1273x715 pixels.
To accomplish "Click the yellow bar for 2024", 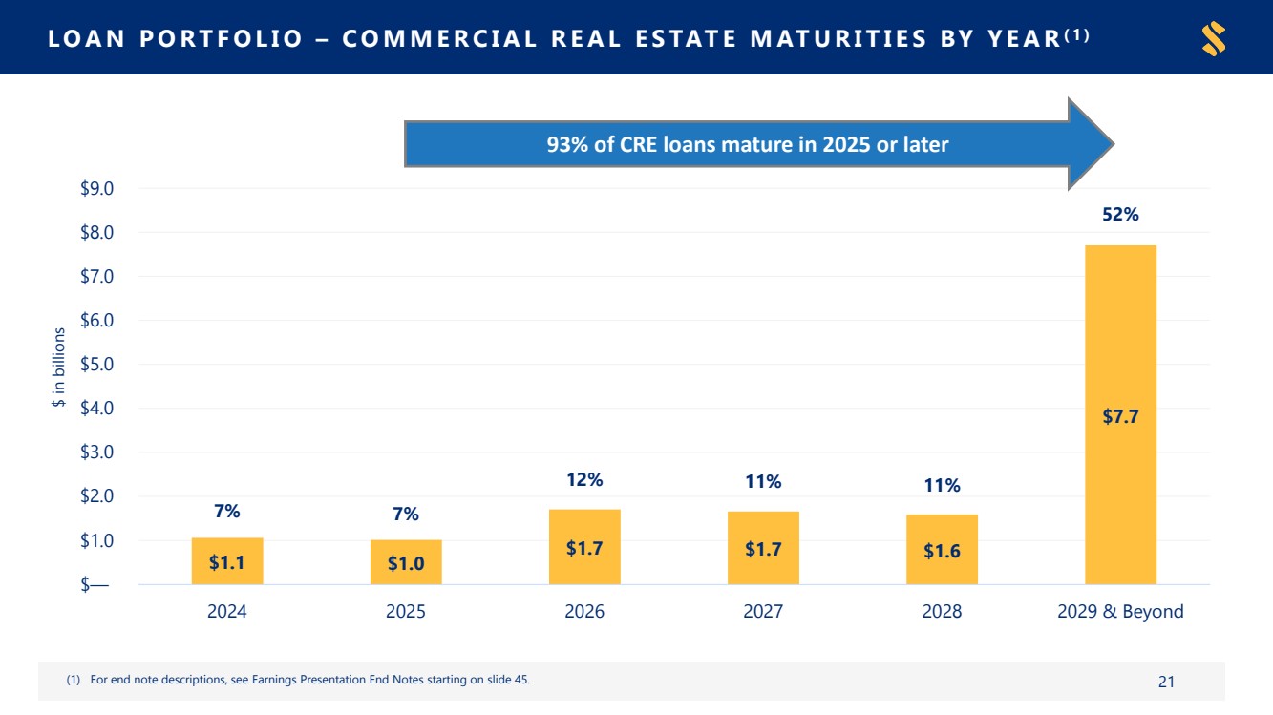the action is point(227,561).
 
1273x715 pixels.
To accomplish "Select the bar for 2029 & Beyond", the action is point(1121,414).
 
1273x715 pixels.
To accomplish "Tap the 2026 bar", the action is point(584,547).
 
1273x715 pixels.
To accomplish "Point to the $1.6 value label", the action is point(942,551).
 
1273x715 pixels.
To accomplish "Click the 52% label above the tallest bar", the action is point(1121,214).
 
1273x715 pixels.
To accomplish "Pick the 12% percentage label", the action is point(584,479).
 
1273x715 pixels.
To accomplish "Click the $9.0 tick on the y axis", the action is point(97,188).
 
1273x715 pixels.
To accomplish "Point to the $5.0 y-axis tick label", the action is point(97,364).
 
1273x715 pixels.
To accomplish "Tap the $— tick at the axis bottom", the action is point(95,584).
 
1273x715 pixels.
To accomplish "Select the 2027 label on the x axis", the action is point(763,611).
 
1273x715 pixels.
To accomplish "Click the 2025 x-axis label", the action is point(406,611).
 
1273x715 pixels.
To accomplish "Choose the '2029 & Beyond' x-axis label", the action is point(1120,611).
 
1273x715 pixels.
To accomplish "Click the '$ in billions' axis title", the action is point(58,367).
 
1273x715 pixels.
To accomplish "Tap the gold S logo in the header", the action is point(1214,38).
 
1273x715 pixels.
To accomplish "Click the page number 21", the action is point(1166,682).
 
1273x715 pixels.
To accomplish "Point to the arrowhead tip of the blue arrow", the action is point(1114,144).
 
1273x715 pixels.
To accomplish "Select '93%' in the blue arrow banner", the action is point(567,144).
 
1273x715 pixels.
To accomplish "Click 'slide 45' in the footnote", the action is point(507,680).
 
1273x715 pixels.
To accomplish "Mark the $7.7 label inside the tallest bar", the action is point(1121,417).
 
